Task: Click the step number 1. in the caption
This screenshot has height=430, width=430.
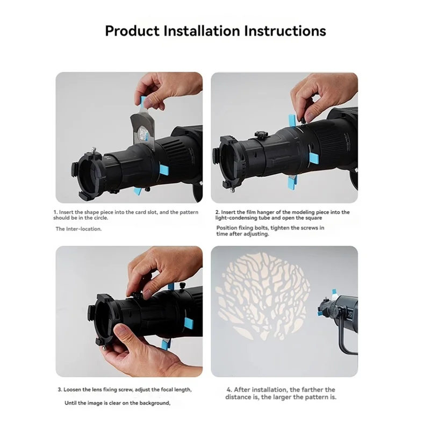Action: click(x=55, y=212)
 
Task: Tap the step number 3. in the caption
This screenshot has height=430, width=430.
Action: click(x=59, y=389)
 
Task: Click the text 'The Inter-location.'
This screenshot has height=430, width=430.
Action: click(x=78, y=228)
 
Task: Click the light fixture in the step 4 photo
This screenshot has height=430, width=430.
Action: click(x=341, y=312)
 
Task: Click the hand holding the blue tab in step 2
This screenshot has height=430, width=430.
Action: click(x=317, y=97)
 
